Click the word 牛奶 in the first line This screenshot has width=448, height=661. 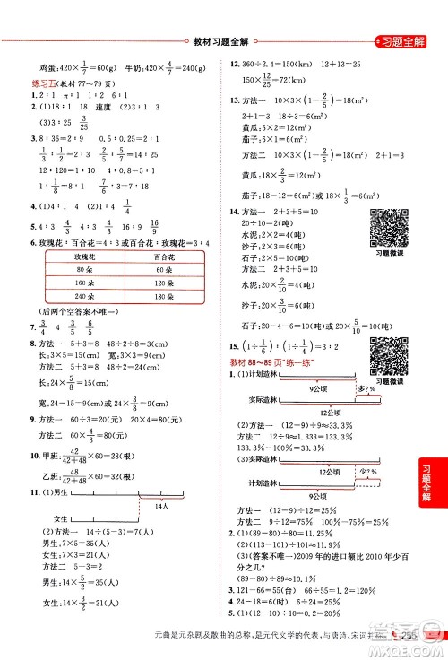click(134, 65)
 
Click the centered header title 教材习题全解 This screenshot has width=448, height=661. click(223, 40)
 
